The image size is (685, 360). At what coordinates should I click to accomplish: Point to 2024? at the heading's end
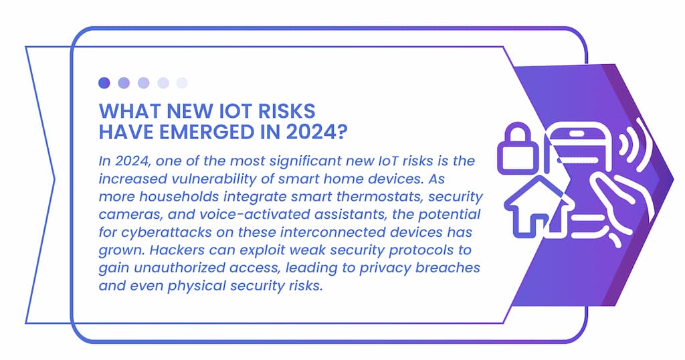pos(316,132)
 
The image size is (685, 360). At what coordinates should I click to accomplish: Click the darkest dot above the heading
pos(104,82)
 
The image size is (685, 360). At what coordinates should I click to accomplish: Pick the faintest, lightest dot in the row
pos(182,82)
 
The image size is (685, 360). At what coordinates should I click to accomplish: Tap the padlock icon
pos(518,148)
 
